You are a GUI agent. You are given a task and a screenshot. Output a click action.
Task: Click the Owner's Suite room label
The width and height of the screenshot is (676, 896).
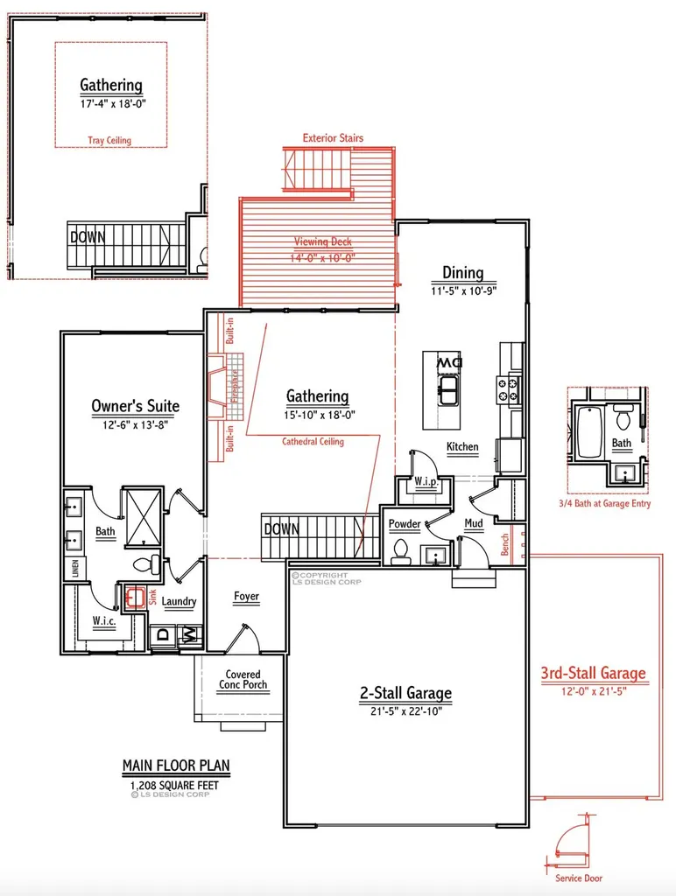[x=136, y=406]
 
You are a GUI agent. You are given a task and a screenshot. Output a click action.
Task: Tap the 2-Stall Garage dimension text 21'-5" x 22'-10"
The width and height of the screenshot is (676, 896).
[x=405, y=711]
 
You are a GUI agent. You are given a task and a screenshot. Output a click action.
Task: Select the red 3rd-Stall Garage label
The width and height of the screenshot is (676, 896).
[x=593, y=673]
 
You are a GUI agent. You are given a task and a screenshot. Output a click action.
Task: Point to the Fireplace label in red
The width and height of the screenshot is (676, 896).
[x=234, y=386]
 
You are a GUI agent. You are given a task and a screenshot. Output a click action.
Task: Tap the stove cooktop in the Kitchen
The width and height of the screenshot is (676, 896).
[x=509, y=389]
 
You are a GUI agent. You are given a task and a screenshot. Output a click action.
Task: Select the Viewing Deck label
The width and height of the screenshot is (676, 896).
[x=322, y=241]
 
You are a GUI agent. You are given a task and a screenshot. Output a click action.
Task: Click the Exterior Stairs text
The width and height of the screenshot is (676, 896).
[x=333, y=137]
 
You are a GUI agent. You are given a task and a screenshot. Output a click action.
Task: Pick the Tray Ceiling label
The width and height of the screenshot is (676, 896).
[x=109, y=140]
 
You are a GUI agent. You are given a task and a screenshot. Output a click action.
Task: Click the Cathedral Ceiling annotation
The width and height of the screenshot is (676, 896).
[x=313, y=441]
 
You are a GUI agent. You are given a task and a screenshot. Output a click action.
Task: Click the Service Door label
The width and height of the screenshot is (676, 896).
[x=578, y=878]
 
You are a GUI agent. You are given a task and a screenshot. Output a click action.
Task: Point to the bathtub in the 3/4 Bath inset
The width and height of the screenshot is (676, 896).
[x=589, y=431]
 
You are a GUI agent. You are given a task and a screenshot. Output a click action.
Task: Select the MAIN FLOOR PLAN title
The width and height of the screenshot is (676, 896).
[x=176, y=766]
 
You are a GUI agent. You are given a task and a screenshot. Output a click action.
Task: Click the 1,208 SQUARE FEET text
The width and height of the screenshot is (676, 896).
[x=174, y=785]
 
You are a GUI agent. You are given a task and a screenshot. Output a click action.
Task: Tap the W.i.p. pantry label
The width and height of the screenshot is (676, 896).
[x=426, y=482]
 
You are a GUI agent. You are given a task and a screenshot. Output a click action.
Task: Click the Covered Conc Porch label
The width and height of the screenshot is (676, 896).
[x=243, y=679]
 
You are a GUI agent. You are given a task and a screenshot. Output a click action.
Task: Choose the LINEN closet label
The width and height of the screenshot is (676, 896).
[x=75, y=569]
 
